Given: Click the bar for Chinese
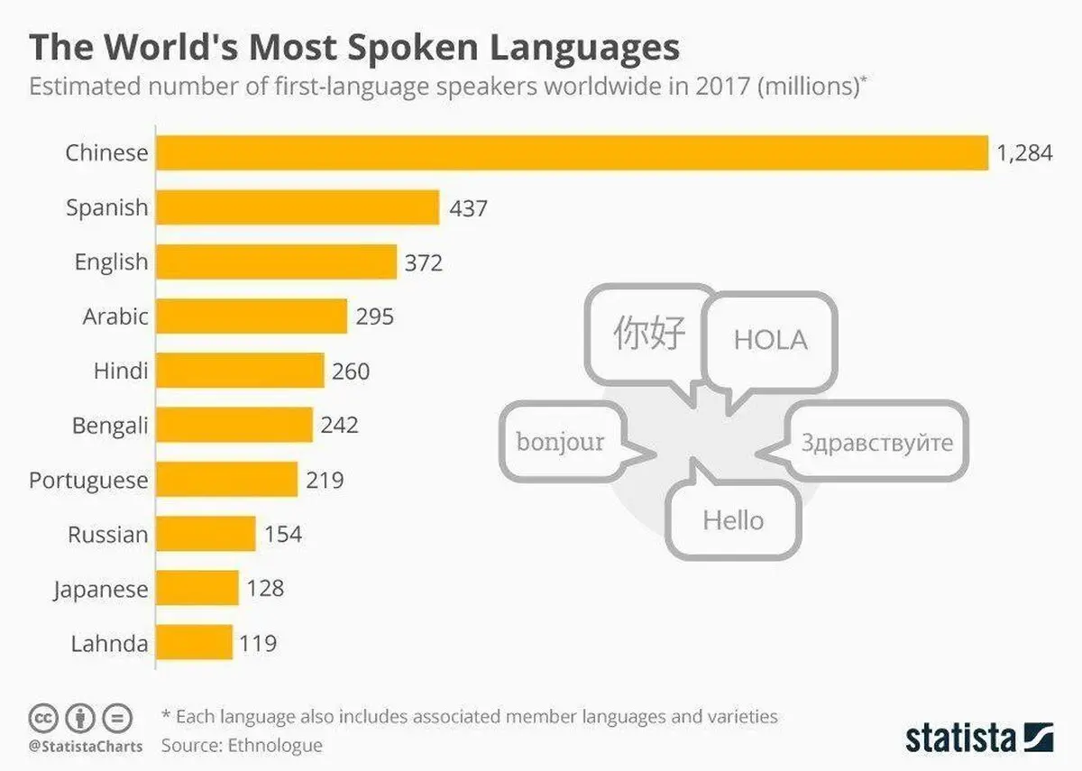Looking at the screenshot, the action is coord(573,152).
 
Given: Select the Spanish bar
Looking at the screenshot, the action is coord(298,207).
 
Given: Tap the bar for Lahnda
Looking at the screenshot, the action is coord(194,642).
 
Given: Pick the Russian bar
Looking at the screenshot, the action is coord(206,533).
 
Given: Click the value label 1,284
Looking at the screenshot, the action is coord(1024,153).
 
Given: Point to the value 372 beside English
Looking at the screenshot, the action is coord(424,262).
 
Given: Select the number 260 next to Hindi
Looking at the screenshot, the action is coord(351,372).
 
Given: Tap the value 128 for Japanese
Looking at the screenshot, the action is coord(265,588).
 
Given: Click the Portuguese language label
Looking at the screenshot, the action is coord(88,481).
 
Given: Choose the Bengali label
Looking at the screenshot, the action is coord(110,426).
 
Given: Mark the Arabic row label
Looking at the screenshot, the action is coord(115,317).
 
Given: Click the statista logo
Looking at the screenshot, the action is coord(979,739).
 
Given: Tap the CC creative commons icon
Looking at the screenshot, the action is coord(43,718).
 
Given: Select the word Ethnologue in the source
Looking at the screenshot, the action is coord(275,746).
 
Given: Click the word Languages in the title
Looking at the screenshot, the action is coord(584,50).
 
